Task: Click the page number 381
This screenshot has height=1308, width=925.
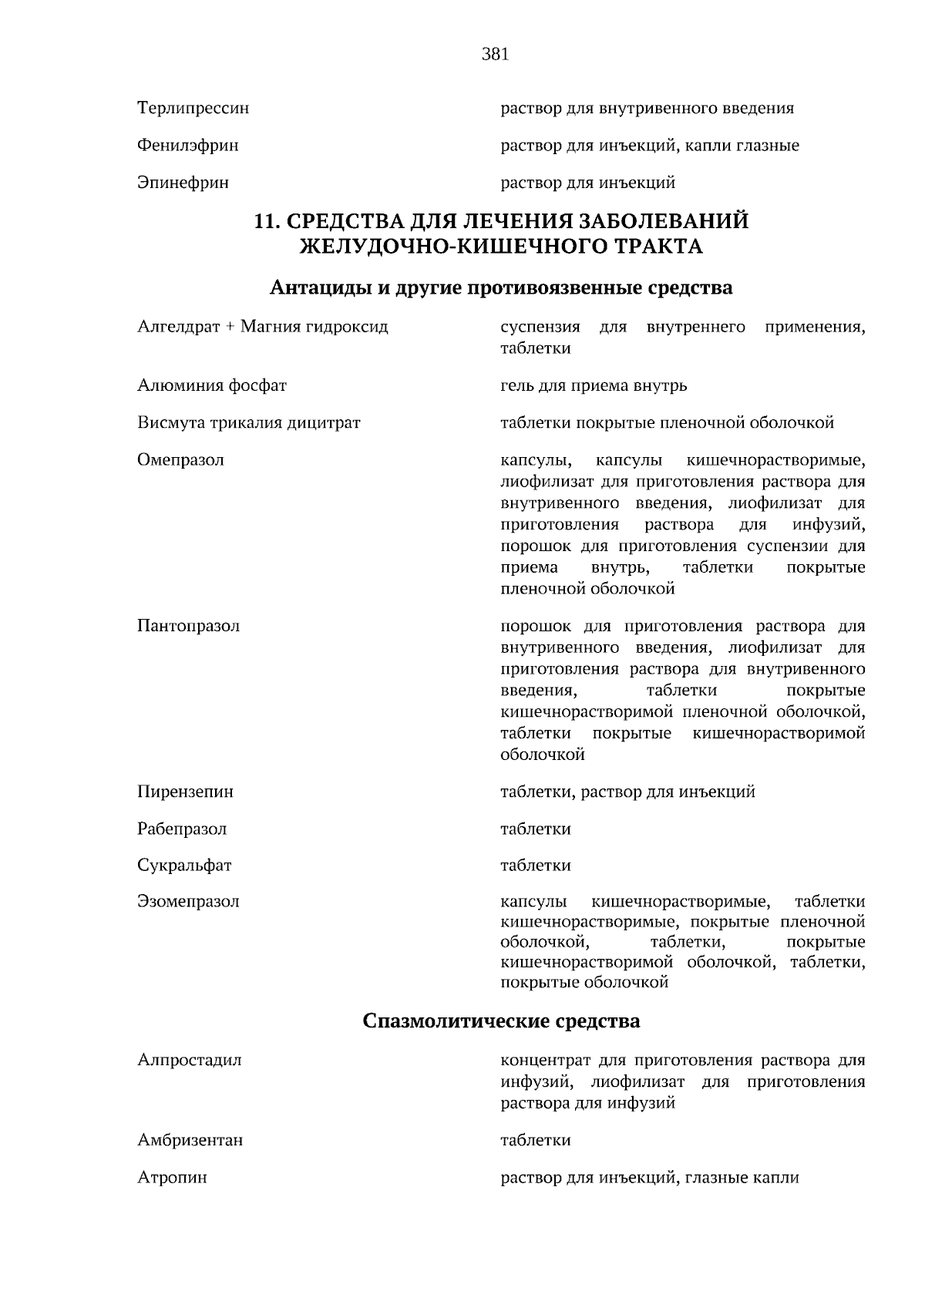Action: [495, 54]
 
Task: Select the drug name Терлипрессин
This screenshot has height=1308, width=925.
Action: [193, 108]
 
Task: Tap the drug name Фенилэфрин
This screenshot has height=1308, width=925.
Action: [187, 145]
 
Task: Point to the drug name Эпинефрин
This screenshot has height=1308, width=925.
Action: [183, 183]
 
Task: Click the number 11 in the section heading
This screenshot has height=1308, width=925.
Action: [264, 222]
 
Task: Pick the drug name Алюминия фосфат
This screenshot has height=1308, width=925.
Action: [211, 385]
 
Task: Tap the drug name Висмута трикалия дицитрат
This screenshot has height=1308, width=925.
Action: [248, 422]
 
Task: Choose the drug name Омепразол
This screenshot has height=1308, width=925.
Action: [180, 460]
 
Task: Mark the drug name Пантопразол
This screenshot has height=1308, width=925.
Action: [188, 626]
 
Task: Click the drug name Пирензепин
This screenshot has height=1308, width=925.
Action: [185, 792]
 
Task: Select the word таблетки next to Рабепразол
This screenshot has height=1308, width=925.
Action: [535, 829]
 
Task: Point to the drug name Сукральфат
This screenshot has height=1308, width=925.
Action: [184, 866]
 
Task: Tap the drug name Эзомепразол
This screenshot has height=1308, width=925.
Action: [188, 902]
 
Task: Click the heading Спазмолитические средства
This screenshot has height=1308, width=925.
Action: [501, 1021]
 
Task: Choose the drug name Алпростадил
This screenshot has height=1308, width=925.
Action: [189, 1060]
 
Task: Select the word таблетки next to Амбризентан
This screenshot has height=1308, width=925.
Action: [535, 1140]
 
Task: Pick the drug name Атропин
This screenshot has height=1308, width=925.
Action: [172, 1178]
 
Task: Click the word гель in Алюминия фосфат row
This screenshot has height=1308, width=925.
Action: [515, 385]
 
